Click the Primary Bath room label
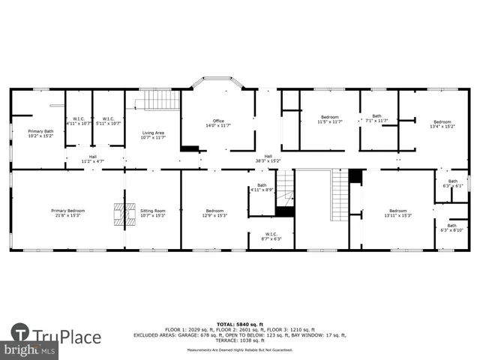(x=40, y=133)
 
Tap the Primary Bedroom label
(x=67, y=212)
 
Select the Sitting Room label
(x=152, y=212)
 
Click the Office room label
(x=218, y=123)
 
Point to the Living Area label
(x=153, y=135)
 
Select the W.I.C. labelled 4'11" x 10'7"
(x=78, y=121)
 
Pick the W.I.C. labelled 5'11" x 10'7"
(x=108, y=121)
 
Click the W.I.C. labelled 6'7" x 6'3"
(x=271, y=236)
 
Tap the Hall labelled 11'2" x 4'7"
(x=93, y=159)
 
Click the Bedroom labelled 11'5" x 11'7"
(x=330, y=118)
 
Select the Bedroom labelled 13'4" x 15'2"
(x=442, y=124)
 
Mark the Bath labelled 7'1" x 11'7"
(x=377, y=118)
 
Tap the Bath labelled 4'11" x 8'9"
(x=262, y=187)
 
